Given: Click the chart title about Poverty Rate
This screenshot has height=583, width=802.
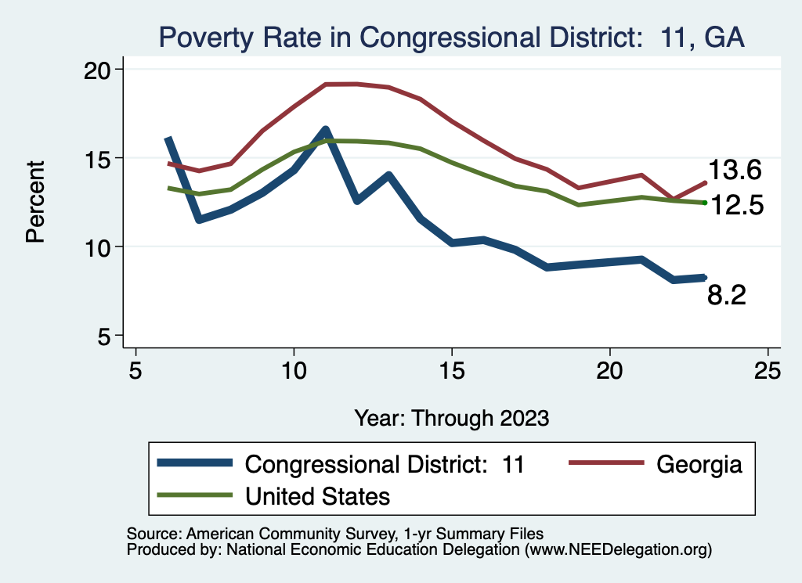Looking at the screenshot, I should click(450, 37).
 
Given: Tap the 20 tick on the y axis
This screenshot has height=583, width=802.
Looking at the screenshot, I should click(97, 70).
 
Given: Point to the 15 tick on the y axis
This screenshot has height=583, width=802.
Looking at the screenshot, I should click(97, 158).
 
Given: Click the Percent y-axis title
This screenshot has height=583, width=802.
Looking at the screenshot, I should click(35, 202).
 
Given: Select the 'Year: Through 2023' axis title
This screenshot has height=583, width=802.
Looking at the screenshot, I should click(451, 417).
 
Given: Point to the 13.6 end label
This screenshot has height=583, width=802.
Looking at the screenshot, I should click(735, 171).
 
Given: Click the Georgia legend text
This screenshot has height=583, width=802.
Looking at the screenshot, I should click(699, 464).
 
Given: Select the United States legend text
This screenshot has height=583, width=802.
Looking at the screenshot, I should click(317, 496).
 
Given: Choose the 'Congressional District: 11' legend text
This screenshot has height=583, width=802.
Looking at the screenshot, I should click(384, 464).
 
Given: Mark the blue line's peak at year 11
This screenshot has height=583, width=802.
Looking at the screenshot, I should click(325, 130).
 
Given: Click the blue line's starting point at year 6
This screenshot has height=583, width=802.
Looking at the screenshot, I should click(168, 139).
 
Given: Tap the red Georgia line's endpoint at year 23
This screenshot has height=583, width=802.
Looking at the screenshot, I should click(705, 182).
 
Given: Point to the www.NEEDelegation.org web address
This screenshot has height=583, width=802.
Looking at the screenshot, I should click(618, 549).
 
